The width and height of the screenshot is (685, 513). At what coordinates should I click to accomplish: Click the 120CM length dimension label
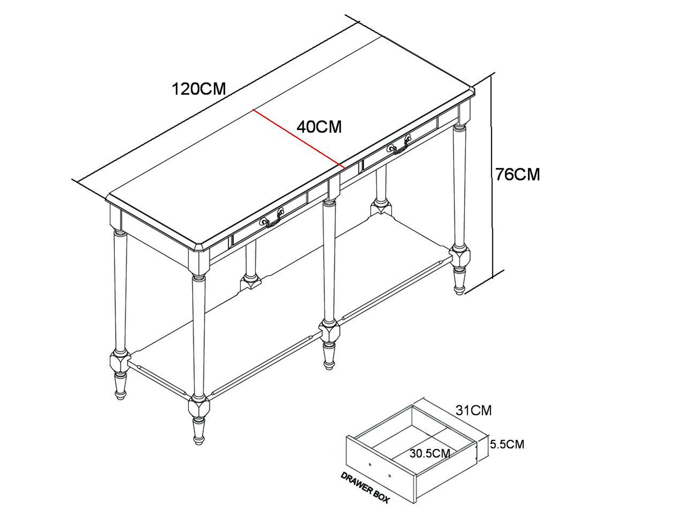pyautogui.click(x=199, y=89)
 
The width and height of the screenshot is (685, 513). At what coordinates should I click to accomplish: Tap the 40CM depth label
pyautogui.click(x=319, y=127)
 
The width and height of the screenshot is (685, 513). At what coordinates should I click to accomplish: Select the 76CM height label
pyautogui.click(x=518, y=174)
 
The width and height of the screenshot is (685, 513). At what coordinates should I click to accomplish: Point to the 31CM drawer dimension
pyautogui.click(x=474, y=410)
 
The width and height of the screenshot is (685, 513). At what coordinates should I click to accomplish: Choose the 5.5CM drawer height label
pyautogui.click(x=507, y=444)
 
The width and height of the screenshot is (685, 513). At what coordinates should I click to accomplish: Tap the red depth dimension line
pyautogui.click(x=299, y=139)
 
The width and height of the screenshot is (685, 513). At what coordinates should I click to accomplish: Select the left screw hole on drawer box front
pyautogui.click(x=370, y=464)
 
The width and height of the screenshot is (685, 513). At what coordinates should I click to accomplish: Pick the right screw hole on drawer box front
pyautogui.click(x=390, y=476)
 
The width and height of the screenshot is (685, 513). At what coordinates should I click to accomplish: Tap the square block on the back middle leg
pyautogui.click(x=381, y=208)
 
